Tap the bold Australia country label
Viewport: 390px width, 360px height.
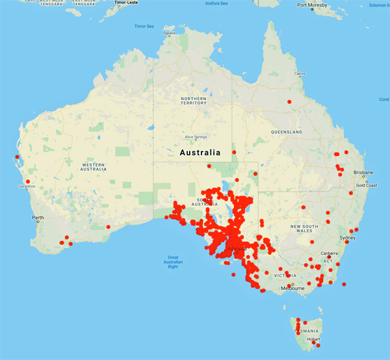tap(200, 153)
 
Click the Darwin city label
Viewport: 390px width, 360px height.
tap(170, 33)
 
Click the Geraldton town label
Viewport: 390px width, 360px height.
tap(26, 186)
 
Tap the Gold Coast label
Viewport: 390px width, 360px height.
tap(367, 185)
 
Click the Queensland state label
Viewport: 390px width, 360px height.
tap(287, 132)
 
